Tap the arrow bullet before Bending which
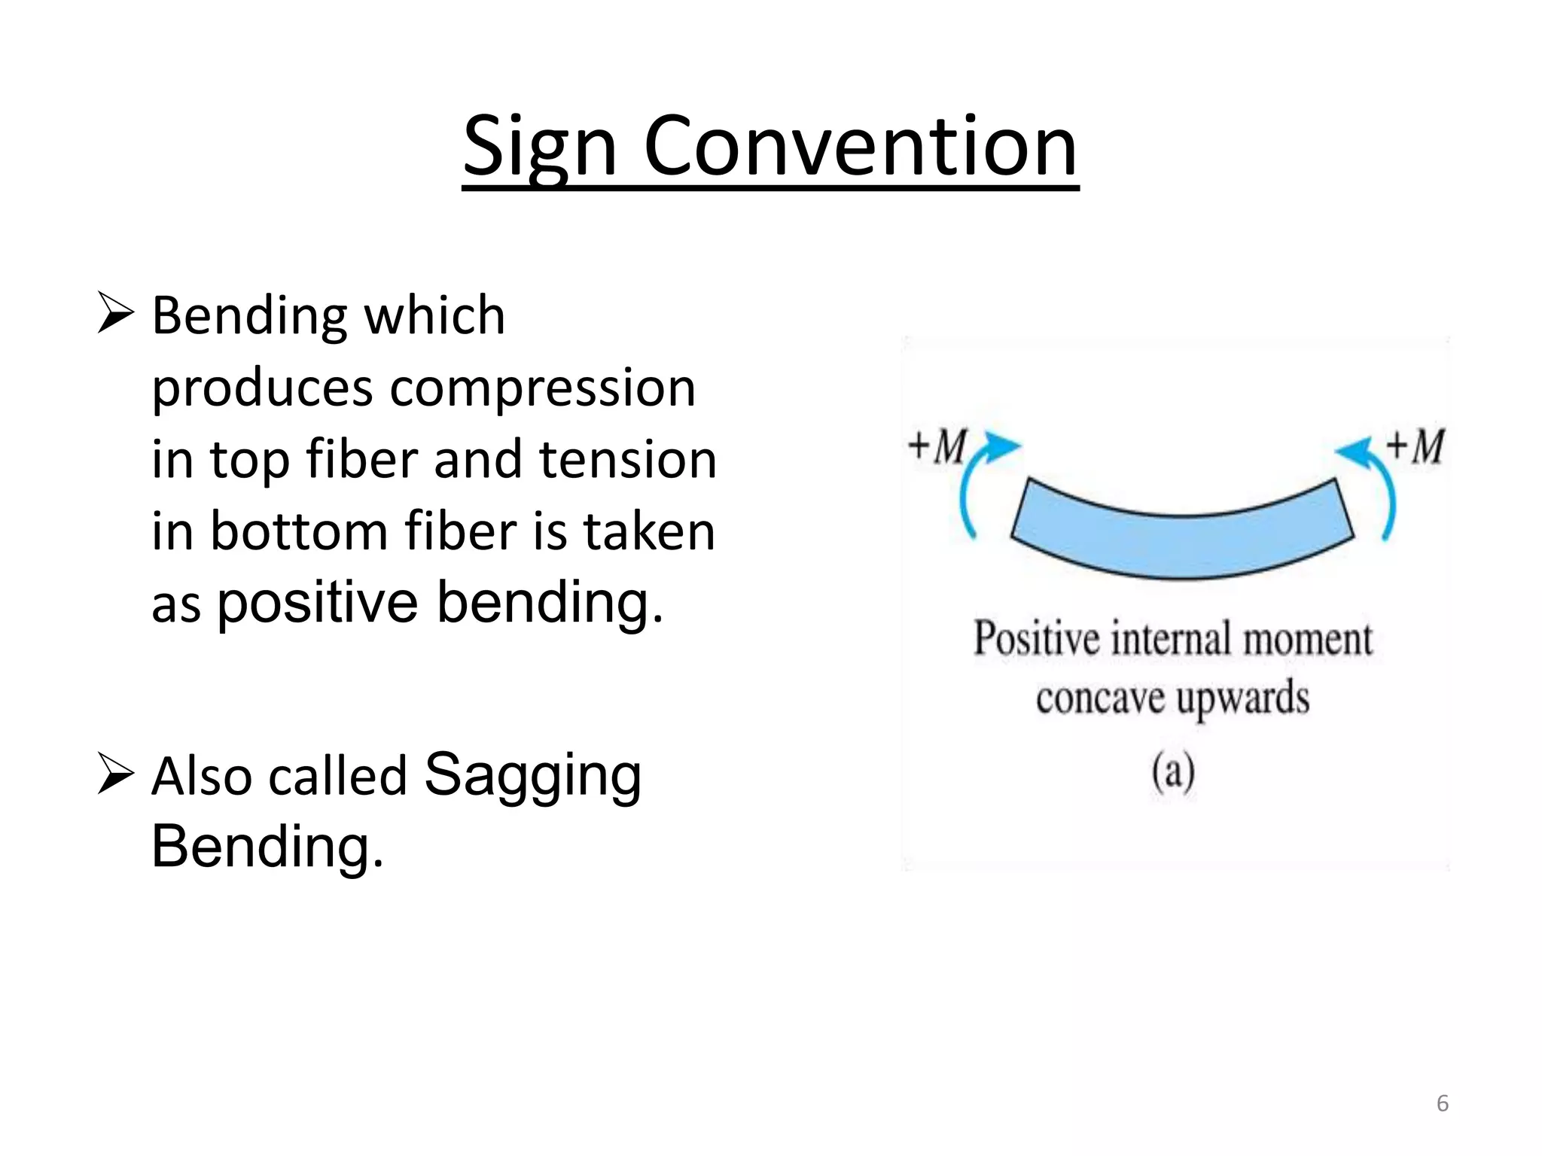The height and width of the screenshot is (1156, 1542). [116, 315]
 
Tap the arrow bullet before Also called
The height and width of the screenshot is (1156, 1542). [116, 776]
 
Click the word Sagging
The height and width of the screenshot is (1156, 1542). [533, 775]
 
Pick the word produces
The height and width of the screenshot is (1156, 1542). [262, 389]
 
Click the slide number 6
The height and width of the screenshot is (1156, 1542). [1442, 1103]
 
